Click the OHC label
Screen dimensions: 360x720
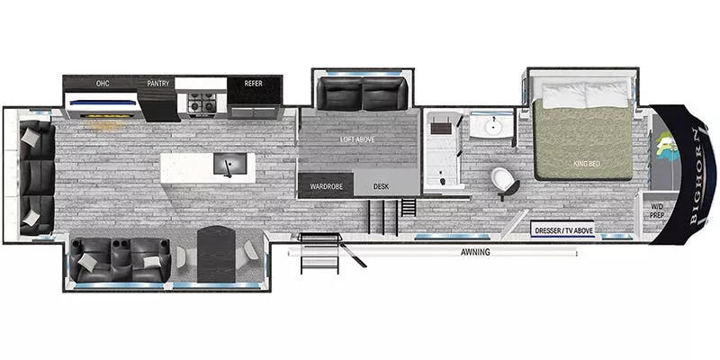[x=103, y=84]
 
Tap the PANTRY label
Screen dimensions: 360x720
[x=158, y=84]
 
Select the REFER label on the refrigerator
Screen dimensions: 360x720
[x=254, y=84]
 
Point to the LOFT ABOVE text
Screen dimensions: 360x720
[x=357, y=139]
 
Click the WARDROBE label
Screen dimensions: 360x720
[x=325, y=186]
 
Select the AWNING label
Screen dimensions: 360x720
[x=476, y=252]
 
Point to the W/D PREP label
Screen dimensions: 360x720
[x=658, y=211]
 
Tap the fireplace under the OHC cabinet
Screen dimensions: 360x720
[x=108, y=114]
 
